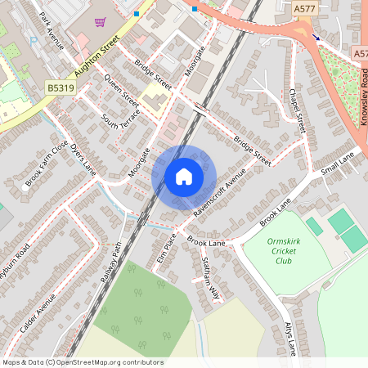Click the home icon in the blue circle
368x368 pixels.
coord(184,176)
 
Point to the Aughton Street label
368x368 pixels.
coord(97,56)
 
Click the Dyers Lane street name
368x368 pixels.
coord(83,162)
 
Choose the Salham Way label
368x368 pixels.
coord(211,278)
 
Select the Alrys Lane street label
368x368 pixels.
coord(289,337)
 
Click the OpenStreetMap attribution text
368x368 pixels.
coord(82,362)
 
